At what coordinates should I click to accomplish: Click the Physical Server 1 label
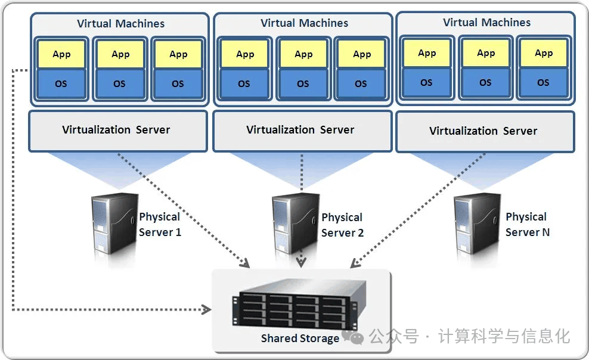[x=160, y=225]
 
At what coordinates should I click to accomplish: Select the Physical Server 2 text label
[x=342, y=225]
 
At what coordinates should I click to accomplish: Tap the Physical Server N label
[x=526, y=225]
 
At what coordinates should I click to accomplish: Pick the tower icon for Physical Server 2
[x=296, y=225]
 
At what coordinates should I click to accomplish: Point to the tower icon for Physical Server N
[x=477, y=225]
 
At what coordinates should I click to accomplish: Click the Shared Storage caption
[x=300, y=339]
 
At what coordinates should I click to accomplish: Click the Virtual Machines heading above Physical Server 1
[x=120, y=24]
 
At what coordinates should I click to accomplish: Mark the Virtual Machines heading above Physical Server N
[x=486, y=23]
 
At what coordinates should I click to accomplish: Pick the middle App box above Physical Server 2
[x=303, y=54]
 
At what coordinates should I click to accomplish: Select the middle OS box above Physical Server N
[x=485, y=82]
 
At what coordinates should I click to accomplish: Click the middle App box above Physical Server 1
[x=120, y=54]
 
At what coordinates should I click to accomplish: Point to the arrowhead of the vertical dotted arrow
[x=302, y=263]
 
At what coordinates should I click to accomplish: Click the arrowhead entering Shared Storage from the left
[x=207, y=309]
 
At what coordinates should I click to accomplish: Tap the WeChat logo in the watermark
[x=356, y=338]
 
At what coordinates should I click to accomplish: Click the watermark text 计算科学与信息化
[x=504, y=337]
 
